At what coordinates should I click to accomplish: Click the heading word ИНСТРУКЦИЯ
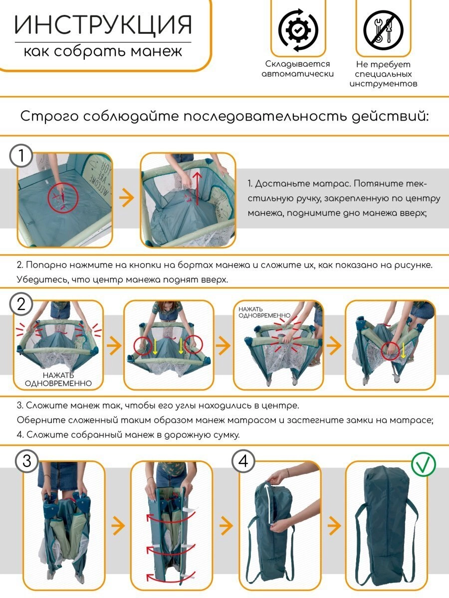pyautogui.click(x=103, y=24)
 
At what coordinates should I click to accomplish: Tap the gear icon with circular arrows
pyautogui.click(x=298, y=30)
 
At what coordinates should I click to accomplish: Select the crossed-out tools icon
pyautogui.click(x=383, y=30)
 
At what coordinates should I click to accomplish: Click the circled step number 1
pyautogui.click(x=21, y=155)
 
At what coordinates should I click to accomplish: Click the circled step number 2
pyautogui.click(x=21, y=304)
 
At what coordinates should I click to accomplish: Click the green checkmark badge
pyautogui.click(x=424, y=464)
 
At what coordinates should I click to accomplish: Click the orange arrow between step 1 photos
pyautogui.click(x=127, y=197)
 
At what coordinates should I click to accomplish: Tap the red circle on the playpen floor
pyautogui.click(x=63, y=198)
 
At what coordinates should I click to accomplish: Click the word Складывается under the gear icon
pyautogui.click(x=297, y=64)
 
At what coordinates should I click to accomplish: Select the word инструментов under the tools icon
pyautogui.click(x=383, y=84)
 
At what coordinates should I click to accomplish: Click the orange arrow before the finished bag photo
pyautogui.click(x=334, y=525)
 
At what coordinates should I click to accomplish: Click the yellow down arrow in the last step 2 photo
pyautogui.click(x=404, y=350)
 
